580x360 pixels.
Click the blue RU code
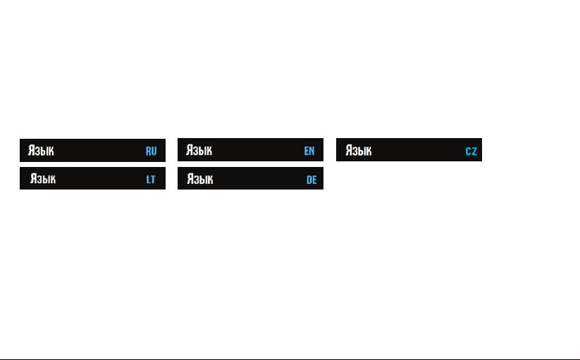click(x=151, y=151)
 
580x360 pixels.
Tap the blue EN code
click(x=309, y=151)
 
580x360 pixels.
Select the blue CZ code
click(x=471, y=151)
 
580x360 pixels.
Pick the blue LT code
click(x=151, y=180)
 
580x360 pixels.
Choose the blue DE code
click(x=311, y=180)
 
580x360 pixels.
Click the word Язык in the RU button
click(x=41, y=151)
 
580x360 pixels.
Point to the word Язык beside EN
click(x=199, y=150)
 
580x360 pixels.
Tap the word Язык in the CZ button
click(x=359, y=151)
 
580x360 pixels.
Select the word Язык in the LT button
click(x=43, y=179)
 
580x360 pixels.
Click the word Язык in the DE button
click(x=200, y=179)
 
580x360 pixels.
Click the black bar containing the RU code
click(x=92, y=151)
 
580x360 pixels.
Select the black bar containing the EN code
click(x=250, y=149)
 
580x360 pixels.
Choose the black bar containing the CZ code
click(x=409, y=149)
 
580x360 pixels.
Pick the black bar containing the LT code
click(x=92, y=178)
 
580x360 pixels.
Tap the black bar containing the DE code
click(x=250, y=178)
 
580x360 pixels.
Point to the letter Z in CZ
click(x=474, y=151)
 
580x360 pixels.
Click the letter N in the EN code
click(x=312, y=151)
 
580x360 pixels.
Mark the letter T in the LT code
click(x=153, y=180)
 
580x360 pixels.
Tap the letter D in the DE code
click(x=309, y=180)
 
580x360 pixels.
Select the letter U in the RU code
click(x=154, y=151)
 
